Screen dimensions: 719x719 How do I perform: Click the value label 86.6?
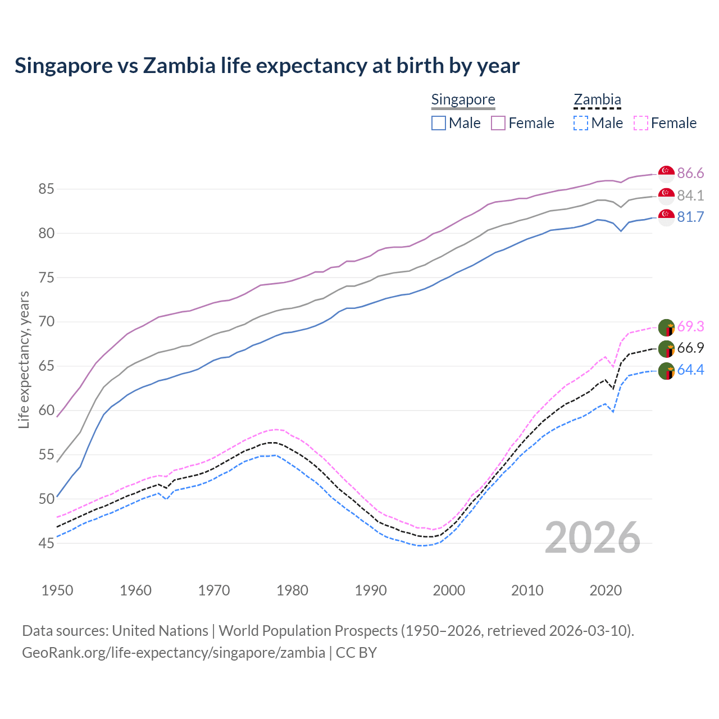(690, 173)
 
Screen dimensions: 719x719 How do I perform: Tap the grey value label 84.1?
(690, 195)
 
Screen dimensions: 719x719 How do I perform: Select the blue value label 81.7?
(690, 217)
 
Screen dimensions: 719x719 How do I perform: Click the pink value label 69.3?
(690, 326)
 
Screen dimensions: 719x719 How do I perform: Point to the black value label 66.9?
(690, 348)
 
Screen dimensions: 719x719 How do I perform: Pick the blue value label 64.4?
(690, 370)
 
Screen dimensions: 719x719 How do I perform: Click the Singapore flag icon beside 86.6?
(666, 174)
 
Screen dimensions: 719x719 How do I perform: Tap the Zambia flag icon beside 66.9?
(666, 349)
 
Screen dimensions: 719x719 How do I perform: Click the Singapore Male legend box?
(439, 123)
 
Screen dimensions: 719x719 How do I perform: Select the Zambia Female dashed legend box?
(641, 123)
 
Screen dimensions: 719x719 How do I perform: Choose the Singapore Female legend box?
(498, 123)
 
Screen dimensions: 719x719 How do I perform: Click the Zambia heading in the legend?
(597, 100)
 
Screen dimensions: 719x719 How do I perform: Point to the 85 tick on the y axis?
(46, 189)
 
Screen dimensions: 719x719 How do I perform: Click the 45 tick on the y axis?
(46, 543)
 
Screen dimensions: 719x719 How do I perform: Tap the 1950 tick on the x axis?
(57, 590)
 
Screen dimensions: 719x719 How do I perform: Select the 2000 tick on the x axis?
(449, 590)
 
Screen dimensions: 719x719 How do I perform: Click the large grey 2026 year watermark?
(593, 538)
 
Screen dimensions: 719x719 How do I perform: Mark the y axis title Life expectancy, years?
(24, 359)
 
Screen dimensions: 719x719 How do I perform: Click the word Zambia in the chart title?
(179, 66)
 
